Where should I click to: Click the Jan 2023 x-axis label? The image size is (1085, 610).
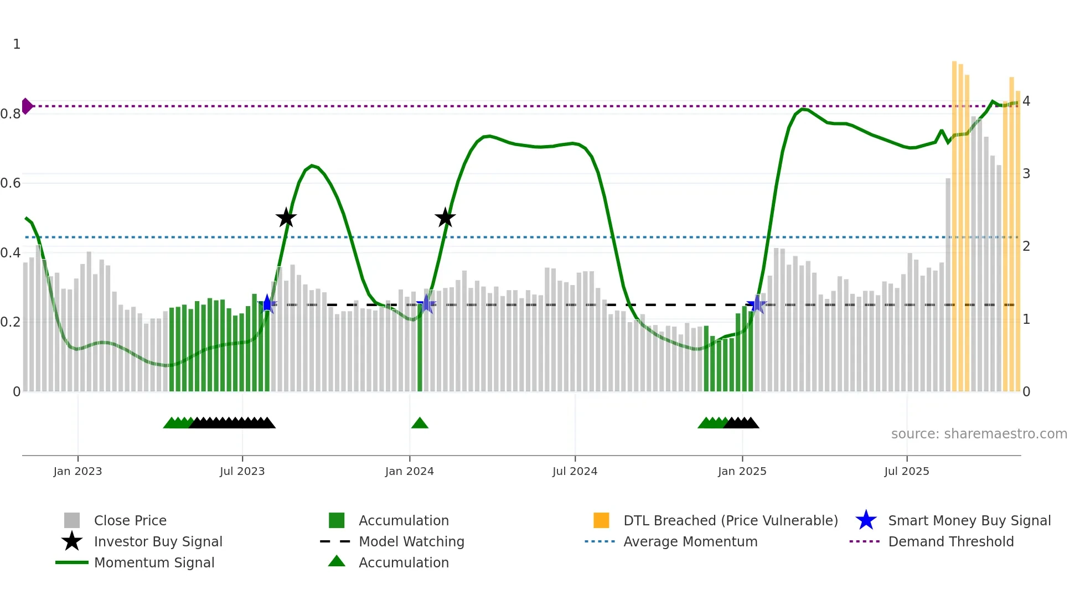click(x=77, y=471)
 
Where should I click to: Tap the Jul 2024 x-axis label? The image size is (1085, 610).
click(x=575, y=471)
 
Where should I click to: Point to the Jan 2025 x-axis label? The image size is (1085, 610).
click(x=742, y=471)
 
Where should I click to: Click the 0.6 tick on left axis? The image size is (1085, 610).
click(x=11, y=183)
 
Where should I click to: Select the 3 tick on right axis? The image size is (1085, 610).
click(x=1026, y=174)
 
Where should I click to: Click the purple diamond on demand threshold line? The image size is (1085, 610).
click(x=27, y=106)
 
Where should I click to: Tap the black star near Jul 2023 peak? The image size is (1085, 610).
click(x=286, y=218)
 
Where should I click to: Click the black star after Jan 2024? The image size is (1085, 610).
click(x=445, y=218)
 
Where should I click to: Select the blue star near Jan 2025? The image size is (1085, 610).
click(x=756, y=304)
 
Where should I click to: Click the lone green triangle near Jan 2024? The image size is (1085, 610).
click(x=420, y=423)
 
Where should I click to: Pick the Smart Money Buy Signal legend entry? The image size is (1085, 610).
click(x=969, y=520)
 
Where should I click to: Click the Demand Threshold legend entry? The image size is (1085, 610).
click(x=950, y=541)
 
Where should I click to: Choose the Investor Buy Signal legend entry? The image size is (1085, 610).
click(x=158, y=541)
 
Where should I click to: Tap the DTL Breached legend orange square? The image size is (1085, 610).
click(x=601, y=520)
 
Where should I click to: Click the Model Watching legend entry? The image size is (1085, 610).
click(x=411, y=541)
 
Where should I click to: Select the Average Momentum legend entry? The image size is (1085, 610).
click(x=690, y=541)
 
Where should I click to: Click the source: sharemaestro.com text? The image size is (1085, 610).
click(x=979, y=434)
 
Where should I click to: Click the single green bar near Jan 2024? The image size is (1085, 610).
click(x=420, y=349)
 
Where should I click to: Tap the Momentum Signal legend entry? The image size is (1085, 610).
click(x=154, y=562)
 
